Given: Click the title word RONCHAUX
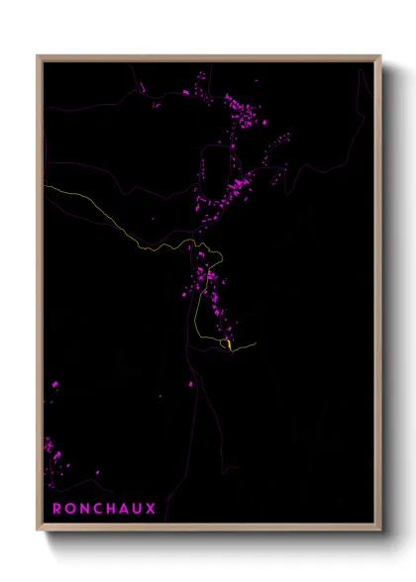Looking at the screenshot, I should tap(104, 509).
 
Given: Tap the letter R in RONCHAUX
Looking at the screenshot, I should tap(57, 509).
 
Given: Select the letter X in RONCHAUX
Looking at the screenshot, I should tap(151, 509).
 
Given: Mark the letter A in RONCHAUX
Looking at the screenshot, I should tap(124, 509).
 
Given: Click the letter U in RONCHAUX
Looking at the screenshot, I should tap(138, 509).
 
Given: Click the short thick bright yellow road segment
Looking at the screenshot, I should tap(230, 344).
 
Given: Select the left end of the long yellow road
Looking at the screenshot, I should tap(45, 185).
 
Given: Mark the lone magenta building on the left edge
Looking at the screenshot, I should tap(54, 384).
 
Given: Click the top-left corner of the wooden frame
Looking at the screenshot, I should tap(38, 56).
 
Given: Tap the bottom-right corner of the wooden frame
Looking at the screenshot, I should tap(381, 530).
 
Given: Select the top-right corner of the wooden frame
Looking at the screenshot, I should tap(381, 56).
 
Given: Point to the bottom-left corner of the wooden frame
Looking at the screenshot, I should tap(38, 530).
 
